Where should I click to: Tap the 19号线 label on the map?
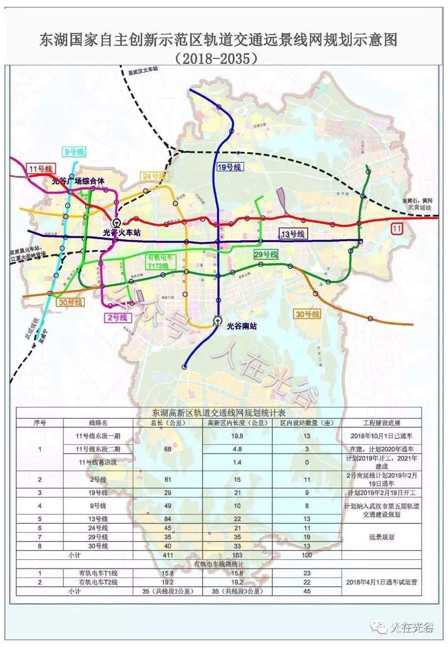pos(229,167)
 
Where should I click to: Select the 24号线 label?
pos(154,176)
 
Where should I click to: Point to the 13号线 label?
pos(292,234)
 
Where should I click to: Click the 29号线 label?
pos(265,254)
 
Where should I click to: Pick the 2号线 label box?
pos(118,318)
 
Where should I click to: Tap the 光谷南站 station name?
pos(242,326)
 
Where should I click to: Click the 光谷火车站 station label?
pos(121,232)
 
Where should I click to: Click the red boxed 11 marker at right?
pos(397,228)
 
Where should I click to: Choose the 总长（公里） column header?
pos(168,422)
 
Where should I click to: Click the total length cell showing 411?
pos(168,555)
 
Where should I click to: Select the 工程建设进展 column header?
pos(381,422)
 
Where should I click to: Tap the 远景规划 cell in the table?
pos(381,537)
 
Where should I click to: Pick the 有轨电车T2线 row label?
pos(98,582)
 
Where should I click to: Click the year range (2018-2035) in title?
pos(216,58)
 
